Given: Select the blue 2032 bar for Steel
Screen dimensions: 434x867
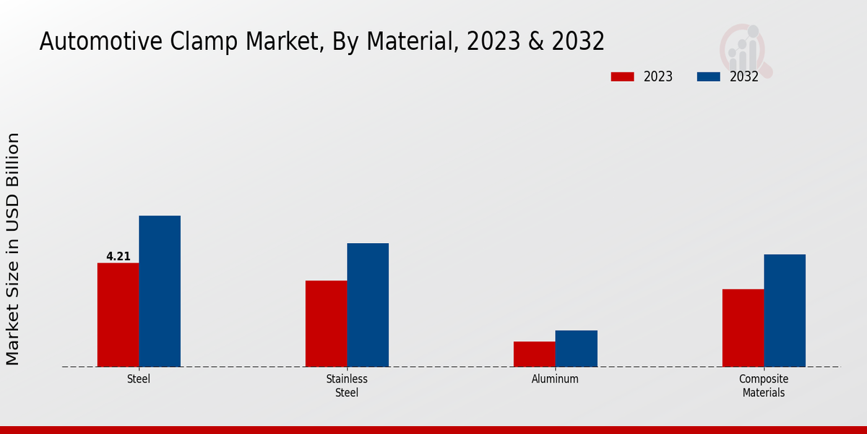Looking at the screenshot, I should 160,291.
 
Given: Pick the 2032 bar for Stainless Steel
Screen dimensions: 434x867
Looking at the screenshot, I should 368,305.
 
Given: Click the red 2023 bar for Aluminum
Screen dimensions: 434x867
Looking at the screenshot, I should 535,354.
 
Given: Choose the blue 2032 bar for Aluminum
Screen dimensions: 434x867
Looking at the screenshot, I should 577,349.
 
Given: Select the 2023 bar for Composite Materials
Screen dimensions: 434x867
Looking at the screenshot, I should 743,328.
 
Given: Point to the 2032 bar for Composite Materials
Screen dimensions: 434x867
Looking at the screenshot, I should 785,310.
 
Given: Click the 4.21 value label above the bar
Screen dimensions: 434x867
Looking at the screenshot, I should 118,256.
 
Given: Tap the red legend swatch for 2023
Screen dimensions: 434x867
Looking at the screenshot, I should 622,77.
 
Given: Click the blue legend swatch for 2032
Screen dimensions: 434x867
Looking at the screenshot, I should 709,77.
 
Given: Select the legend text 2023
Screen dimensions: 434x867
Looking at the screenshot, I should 658,77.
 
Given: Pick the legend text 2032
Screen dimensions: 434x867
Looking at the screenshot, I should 744,77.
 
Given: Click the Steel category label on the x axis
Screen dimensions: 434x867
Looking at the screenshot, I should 139,379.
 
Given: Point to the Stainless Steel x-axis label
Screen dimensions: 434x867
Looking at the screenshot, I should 347,386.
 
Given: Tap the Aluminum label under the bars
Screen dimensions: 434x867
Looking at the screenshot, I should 555,379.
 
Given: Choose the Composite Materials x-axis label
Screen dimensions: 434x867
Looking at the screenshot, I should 764,386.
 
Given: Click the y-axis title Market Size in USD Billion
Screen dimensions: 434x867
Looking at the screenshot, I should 14,249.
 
